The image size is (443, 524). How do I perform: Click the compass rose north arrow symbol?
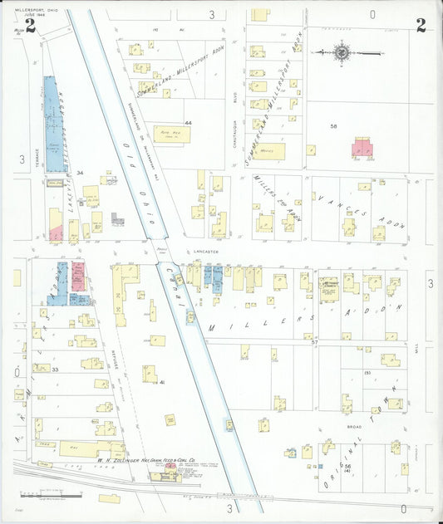342,52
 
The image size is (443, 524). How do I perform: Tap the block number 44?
189,123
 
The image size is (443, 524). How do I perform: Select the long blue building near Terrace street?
51,125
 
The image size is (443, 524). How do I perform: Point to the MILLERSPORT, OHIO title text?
31,9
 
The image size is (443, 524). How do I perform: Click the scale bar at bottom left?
58,496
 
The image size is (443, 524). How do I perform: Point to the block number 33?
55,369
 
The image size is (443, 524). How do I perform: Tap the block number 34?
80,173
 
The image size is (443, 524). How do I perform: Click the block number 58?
333,126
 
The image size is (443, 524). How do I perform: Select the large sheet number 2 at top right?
421,26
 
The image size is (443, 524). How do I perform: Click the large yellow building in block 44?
171,135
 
